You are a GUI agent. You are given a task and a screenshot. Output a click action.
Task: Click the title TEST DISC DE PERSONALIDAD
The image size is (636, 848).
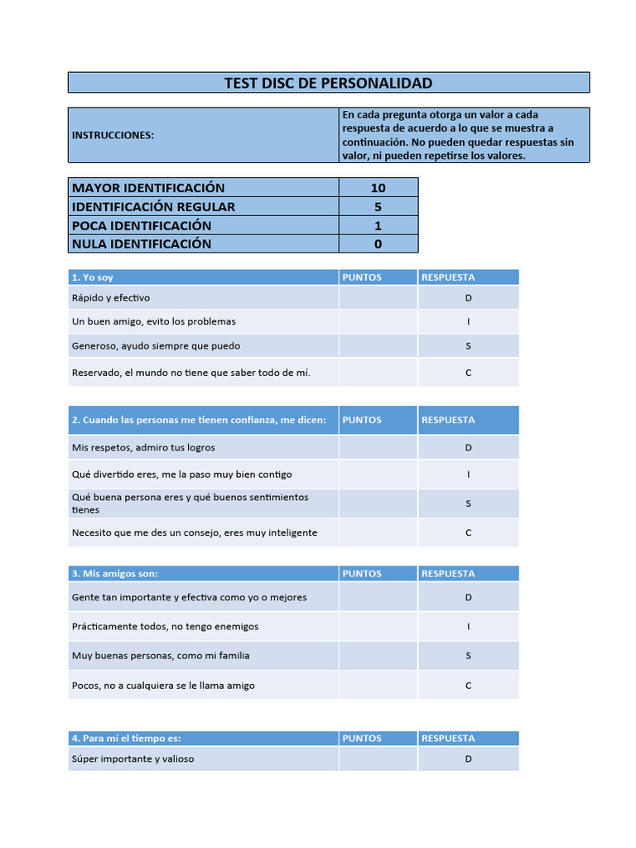[328, 83]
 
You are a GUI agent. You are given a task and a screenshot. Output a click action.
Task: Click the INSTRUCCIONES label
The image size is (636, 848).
[113, 135]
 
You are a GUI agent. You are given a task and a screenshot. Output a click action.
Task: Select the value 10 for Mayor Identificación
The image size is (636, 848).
[378, 188]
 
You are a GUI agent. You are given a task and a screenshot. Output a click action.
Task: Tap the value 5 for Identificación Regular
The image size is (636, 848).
[378, 207]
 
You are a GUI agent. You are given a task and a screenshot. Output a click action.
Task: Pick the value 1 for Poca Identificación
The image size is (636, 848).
[378, 225]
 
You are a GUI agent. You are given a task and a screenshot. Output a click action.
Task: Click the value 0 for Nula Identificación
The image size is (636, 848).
[378, 243]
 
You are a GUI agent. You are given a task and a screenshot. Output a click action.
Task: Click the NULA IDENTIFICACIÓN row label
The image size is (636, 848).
[142, 243]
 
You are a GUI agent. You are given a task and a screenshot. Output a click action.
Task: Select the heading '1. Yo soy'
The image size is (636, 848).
[93, 277]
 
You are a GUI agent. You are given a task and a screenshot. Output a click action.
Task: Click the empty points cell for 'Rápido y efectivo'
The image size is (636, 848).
[378, 298]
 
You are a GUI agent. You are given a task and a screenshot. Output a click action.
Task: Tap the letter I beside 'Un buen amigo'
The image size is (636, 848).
[468, 321]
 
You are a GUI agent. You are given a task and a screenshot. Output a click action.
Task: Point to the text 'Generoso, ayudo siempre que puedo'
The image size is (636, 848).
[156, 346]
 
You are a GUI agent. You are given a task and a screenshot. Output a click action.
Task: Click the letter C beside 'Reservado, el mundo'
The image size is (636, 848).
[468, 373]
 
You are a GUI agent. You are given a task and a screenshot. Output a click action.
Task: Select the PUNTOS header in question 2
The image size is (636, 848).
[362, 420]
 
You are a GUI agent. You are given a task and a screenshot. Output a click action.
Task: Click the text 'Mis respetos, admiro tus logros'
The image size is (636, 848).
[143, 447]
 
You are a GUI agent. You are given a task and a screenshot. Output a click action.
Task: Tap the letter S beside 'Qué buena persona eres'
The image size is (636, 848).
[468, 503]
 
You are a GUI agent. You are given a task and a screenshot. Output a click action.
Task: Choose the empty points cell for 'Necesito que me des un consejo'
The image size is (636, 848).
[378, 532]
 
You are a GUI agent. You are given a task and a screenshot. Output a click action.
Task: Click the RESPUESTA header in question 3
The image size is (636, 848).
[448, 573]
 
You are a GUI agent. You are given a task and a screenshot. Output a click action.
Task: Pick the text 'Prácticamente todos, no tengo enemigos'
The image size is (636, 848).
[165, 627]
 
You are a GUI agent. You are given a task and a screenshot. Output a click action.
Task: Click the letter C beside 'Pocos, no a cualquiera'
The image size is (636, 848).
[468, 686]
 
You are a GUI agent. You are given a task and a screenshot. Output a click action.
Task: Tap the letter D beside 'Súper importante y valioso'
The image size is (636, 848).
[468, 759]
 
